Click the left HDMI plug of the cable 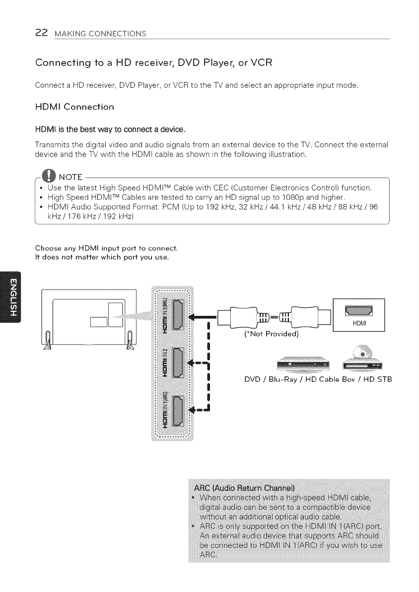click(241, 315)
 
